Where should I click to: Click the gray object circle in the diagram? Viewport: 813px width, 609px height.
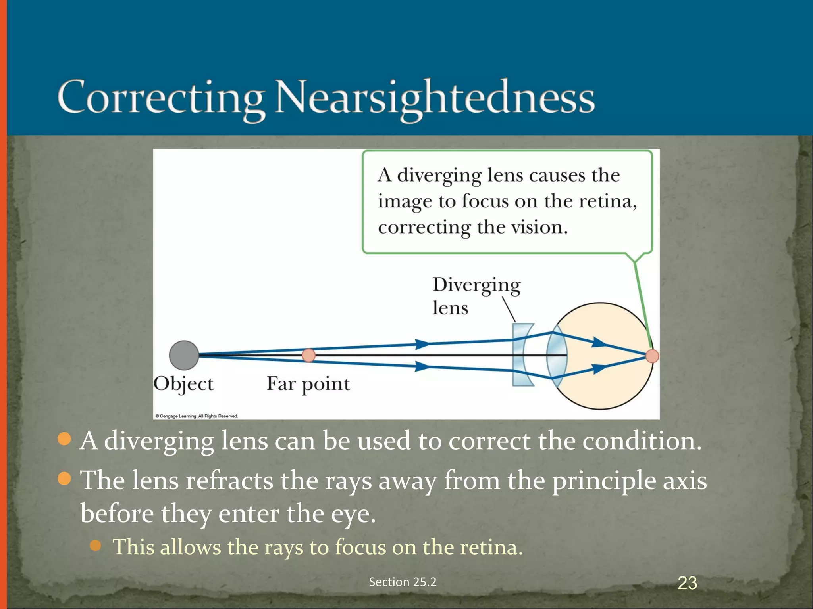(x=184, y=355)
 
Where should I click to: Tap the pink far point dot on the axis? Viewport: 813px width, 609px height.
(x=308, y=355)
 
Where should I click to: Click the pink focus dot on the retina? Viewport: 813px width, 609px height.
(x=652, y=356)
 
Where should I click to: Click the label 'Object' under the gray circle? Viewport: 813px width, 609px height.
(x=183, y=384)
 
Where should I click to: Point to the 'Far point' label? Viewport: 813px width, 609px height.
(x=308, y=384)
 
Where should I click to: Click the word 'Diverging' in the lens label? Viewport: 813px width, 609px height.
(x=476, y=285)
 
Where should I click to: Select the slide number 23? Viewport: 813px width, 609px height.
(x=687, y=583)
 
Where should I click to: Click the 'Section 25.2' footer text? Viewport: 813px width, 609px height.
(x=403, y=582)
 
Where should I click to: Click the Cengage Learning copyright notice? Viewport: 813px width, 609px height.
(x=197, y=416)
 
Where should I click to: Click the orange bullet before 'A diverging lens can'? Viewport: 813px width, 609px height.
(x=64, y=439)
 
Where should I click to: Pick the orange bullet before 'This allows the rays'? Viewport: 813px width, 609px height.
(x=95, y=546)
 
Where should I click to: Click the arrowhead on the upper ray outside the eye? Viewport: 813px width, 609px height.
(x=422, y=343)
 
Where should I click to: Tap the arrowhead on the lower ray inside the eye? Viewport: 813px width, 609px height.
(x=599, y=369)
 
